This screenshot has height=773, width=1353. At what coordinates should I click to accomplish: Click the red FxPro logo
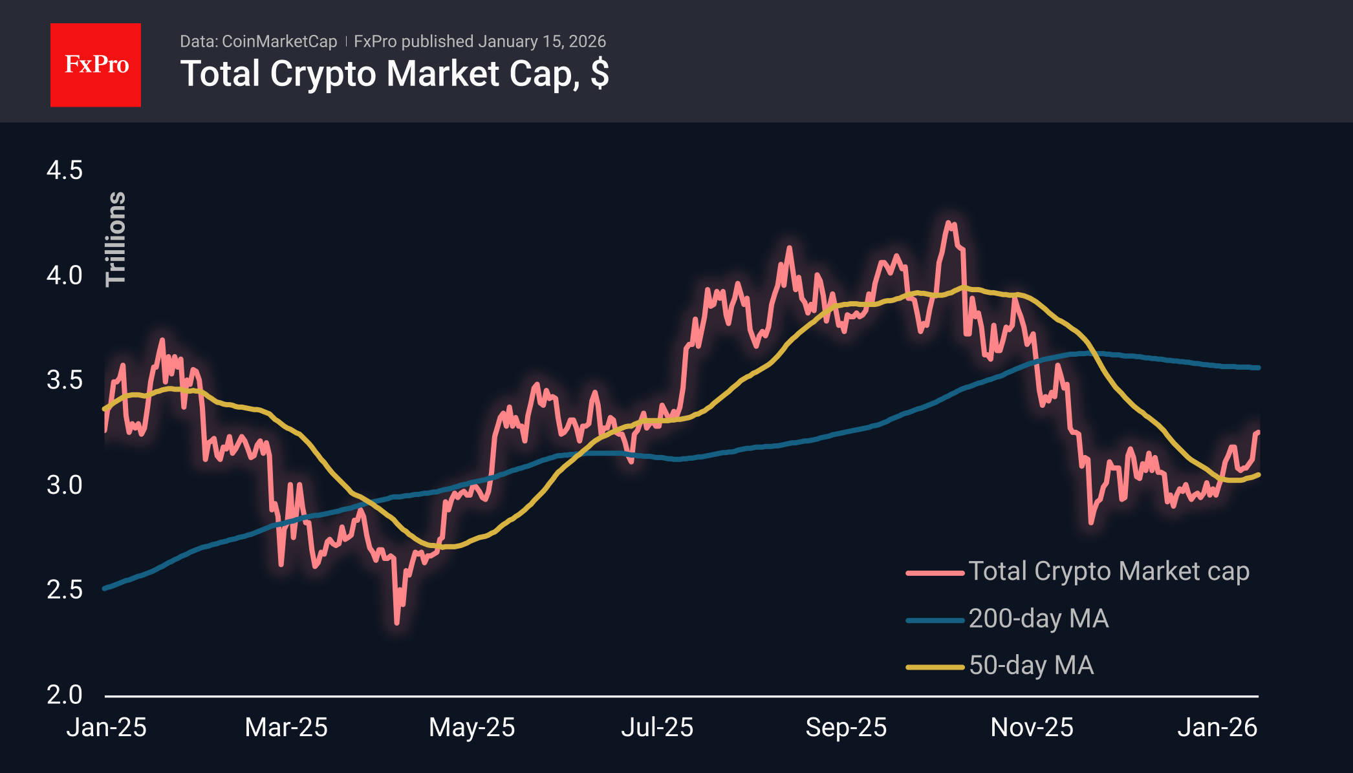click(x=96, y=65)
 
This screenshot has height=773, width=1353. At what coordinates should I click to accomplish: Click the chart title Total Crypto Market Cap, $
click(x=394, y=74)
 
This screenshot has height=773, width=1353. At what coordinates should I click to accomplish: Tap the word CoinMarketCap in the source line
click(x=279, y=41)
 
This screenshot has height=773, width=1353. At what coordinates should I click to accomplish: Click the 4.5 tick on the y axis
click(x=65, y=171)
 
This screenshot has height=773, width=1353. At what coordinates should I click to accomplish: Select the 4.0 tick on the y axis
click(x=65, y=275)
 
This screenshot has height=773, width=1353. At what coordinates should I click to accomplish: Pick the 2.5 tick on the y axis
click(x=65, y=589)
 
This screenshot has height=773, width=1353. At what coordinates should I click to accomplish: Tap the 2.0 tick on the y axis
click(x=65, y=695)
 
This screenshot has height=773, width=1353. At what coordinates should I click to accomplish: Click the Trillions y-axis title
click(x=116, y=238)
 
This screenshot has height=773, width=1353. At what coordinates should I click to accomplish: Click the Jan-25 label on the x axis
click(x=107, y=728)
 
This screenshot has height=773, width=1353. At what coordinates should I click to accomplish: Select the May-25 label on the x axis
click(x=471, y=728)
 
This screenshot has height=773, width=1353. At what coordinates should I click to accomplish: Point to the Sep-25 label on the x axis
click(x=845, y=728)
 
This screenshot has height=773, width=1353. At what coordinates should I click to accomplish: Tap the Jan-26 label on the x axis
click(x=1217, y=728)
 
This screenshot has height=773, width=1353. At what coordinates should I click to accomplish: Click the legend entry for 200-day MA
click(x=1038, y=619)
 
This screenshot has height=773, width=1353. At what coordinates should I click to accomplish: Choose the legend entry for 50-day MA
click(x=1031, y=666)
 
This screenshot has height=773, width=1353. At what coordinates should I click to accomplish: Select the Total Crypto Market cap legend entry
click(x=1108, y=571)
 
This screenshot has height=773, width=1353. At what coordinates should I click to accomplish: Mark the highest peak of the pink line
click(x=949, y=223)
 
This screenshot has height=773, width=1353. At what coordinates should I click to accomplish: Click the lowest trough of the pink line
click(x=396, y=623)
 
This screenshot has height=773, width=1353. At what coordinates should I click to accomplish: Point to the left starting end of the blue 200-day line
click(x=105, y=588)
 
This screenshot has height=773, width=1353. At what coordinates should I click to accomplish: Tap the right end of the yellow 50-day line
click(x=1258, y=475)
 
